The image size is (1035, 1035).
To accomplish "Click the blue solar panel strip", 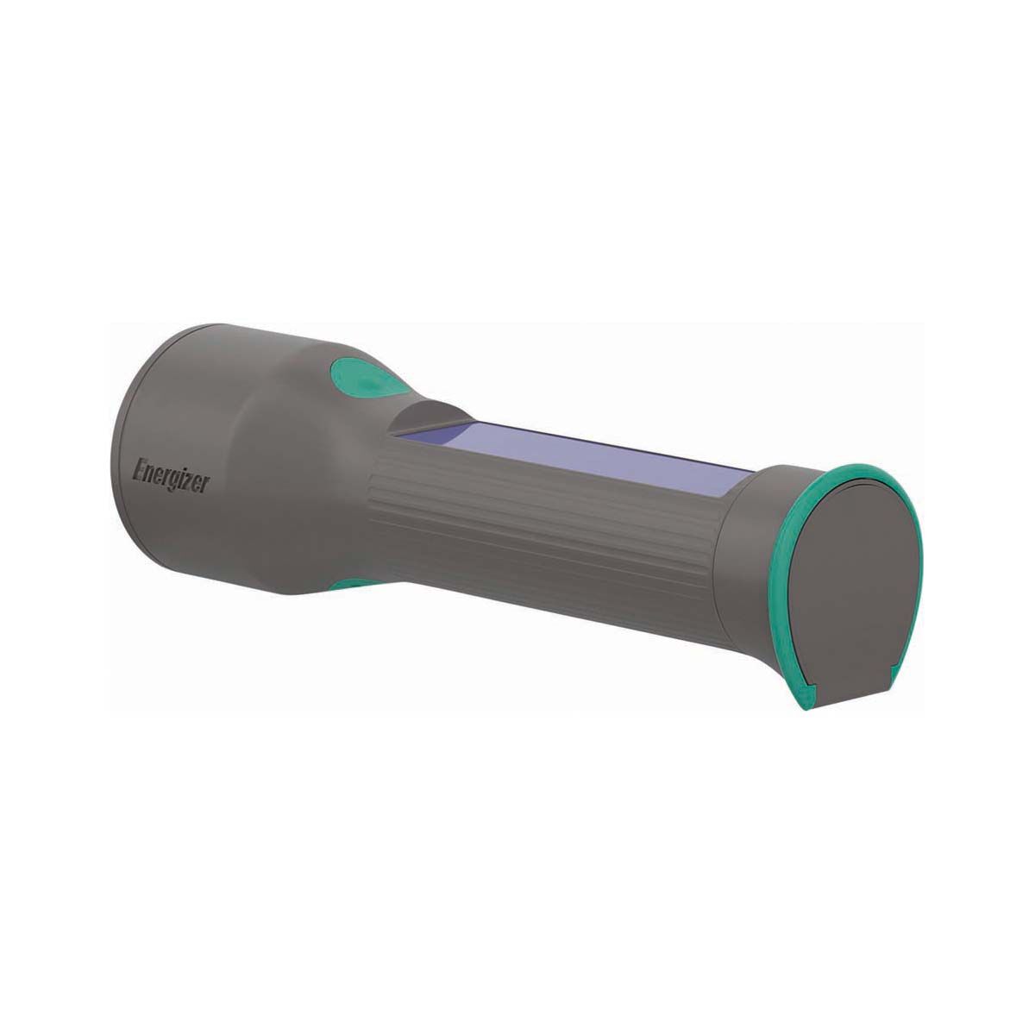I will pyautogui.click(x=595, y=462).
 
